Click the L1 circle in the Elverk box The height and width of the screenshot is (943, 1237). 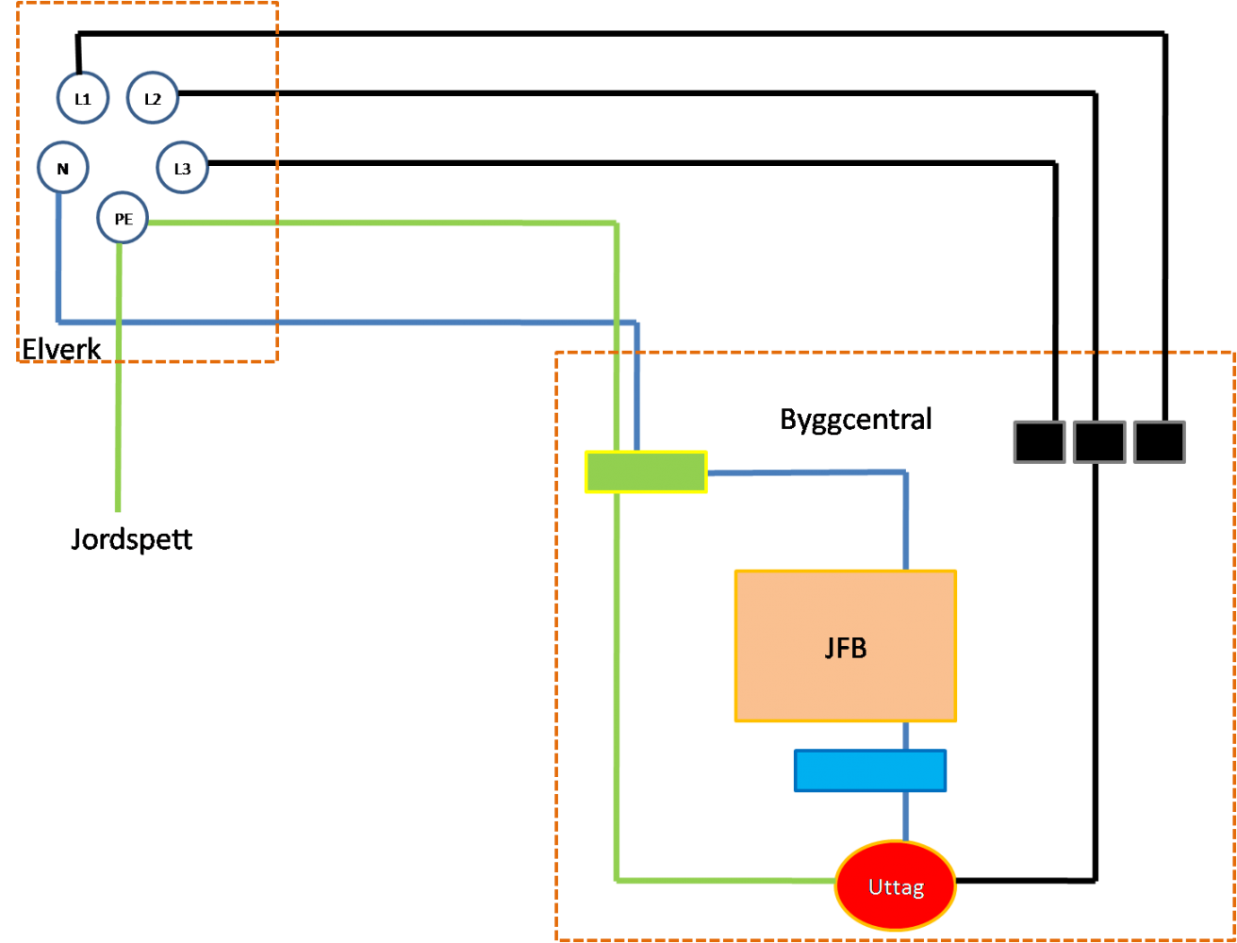pyautogui.click(x=83, y=97)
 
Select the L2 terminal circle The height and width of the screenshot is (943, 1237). pyautogui.click(x=153, y=97)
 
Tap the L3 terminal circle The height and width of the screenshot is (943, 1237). pyautogui.click(x=182, y=168)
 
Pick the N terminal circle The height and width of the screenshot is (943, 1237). pyautogui.click(x=63, y=167)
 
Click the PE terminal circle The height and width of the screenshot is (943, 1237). pyautogui.click(x=123, y=218)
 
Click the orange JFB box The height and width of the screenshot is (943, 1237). pyautogui.click(x=846, y=646)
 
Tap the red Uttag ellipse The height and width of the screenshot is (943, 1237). pyautogui.click(x=896, y=885)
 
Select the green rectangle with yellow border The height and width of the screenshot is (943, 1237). pyautogui.click(x=646, y=471)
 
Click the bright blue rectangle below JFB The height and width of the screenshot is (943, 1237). pyautogui.click(x=869, y=770)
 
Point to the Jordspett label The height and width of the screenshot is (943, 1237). pyautogui.click(x=131, y=540)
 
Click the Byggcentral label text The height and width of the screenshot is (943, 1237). pyautogui.click(x=855, y=419)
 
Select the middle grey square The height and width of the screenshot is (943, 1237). pyautogui.click(x=1099, y=441)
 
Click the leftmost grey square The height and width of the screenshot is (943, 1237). pyautogui.click(x=1039, y=441)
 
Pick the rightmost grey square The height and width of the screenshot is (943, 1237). pyautogui.click(x=1159, y=441)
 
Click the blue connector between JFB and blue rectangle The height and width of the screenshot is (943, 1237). pyautogui.click(x=906, y=736)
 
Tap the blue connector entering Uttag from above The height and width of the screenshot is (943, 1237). pyautogui.click(x=906, y=817)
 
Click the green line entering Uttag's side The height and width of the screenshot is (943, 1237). pyautogui.click(x=726, y=881)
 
